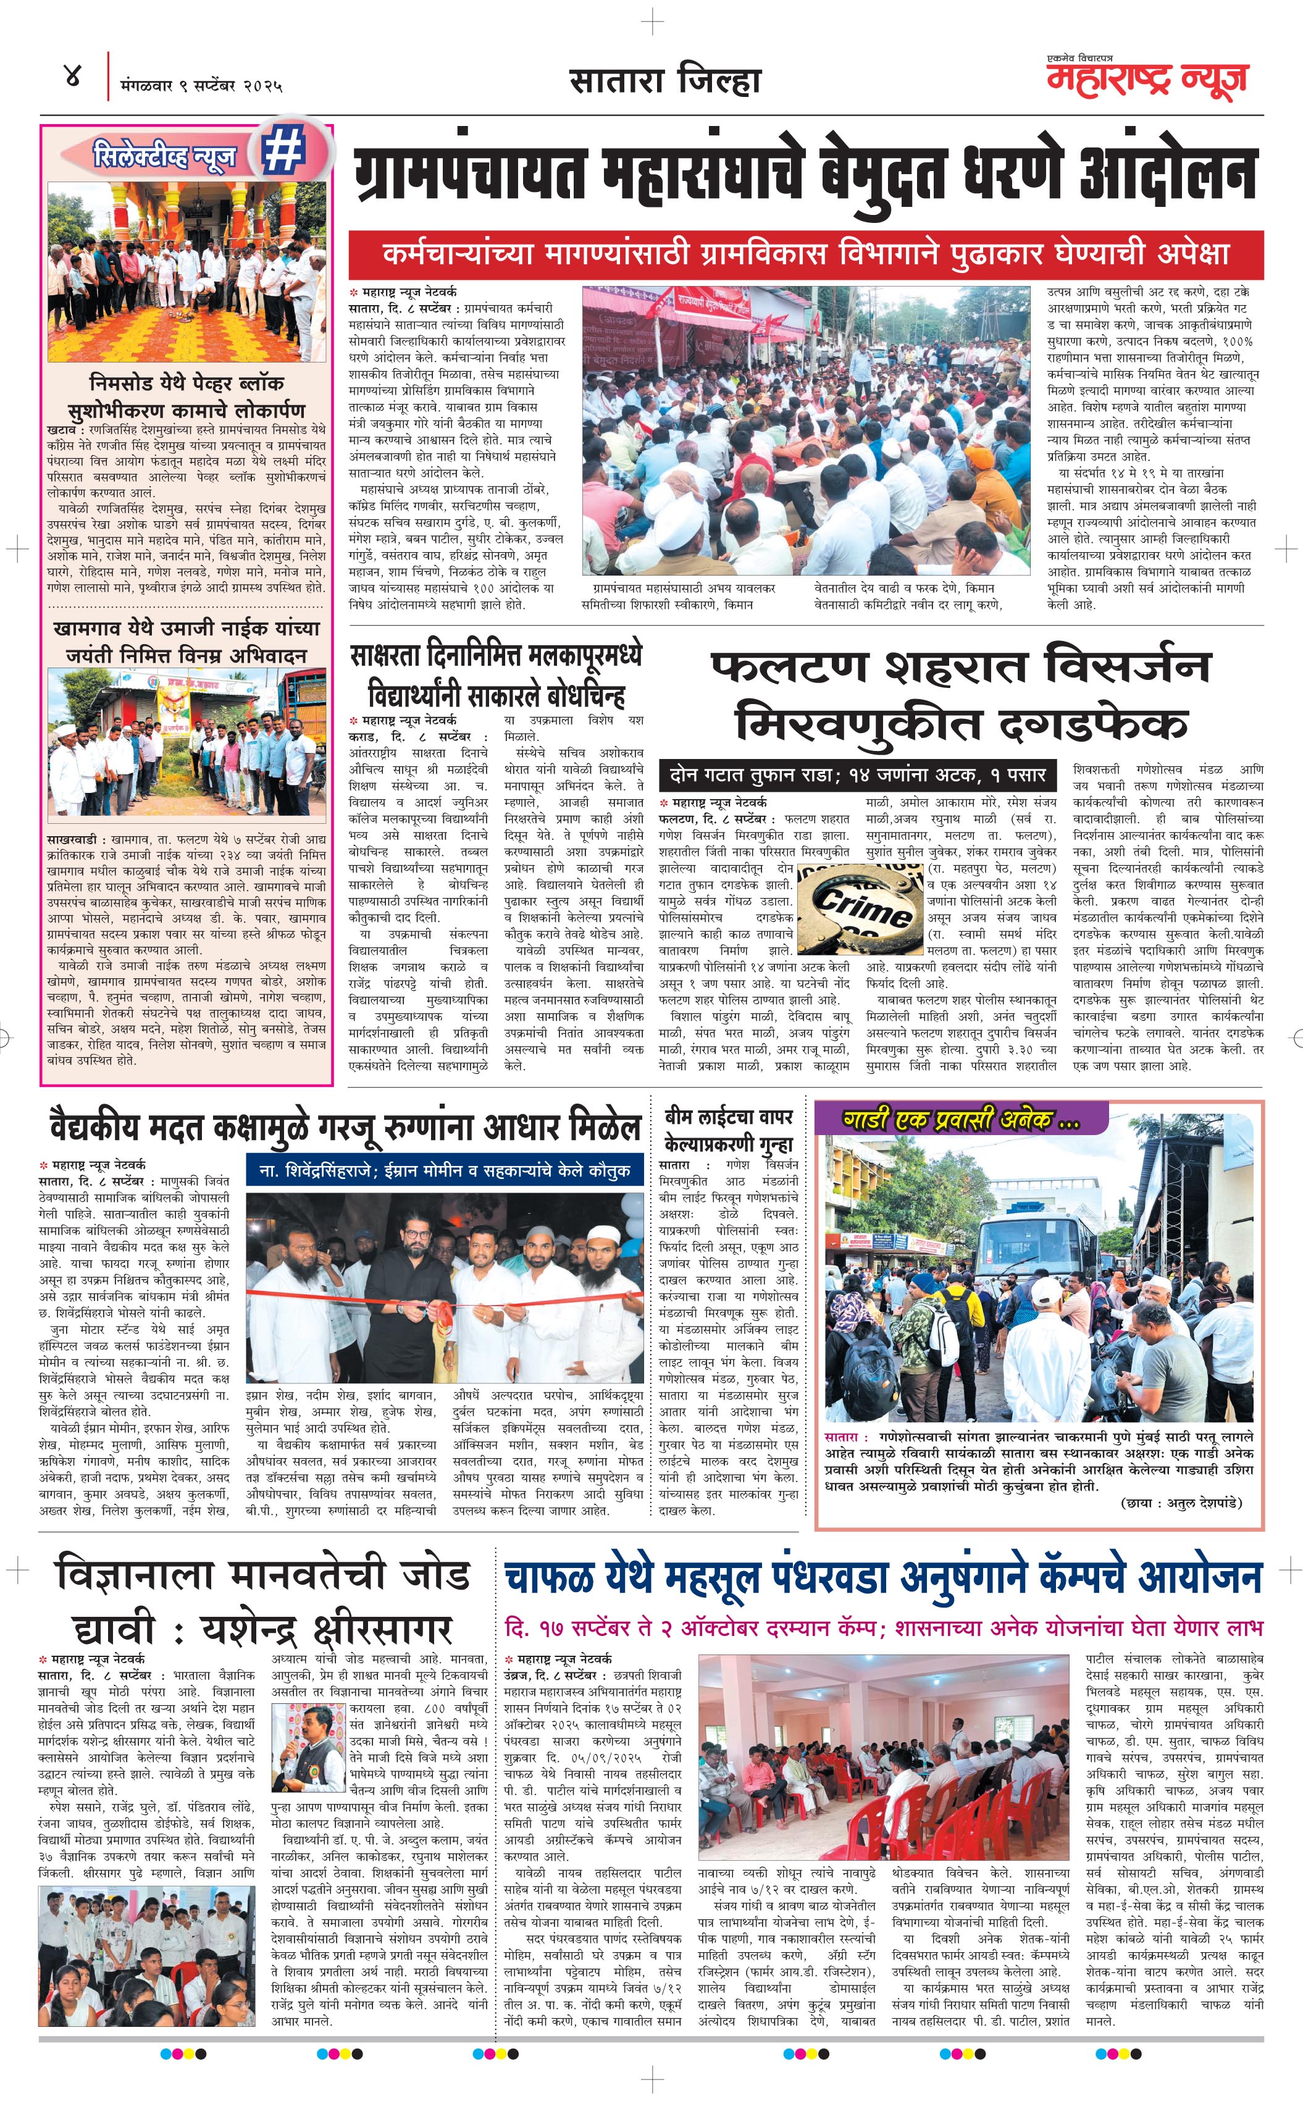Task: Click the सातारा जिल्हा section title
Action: [x=664, y=81]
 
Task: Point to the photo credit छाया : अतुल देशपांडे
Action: [x=1181, y=1503]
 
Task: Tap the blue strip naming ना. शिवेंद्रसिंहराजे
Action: [x=445, y=1170]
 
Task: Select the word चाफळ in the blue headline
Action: [x=547, y=1577]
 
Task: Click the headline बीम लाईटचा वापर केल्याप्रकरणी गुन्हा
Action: [x=728, y=1130]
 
